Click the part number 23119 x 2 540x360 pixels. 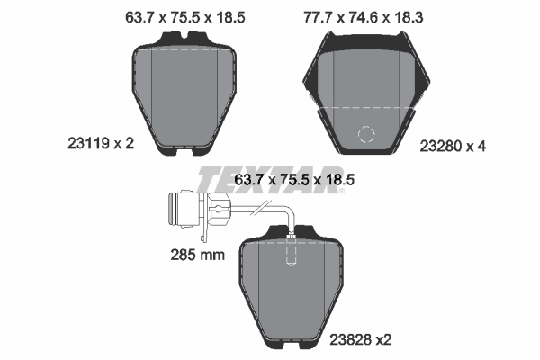click(x=101, y=143)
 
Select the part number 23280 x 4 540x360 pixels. click(x=453, y=147)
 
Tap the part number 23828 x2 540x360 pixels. click(x=361, y=339)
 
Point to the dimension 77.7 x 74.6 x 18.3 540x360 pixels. click(x=364, y=17)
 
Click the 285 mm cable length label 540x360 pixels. click(x=198, y=255)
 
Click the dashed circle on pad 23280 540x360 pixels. click(x=366, y=134)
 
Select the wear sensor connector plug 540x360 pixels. click(x=199, y=209)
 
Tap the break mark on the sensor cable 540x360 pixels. click(x=261, y=208)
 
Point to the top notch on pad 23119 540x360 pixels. click(x=184, y=35)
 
